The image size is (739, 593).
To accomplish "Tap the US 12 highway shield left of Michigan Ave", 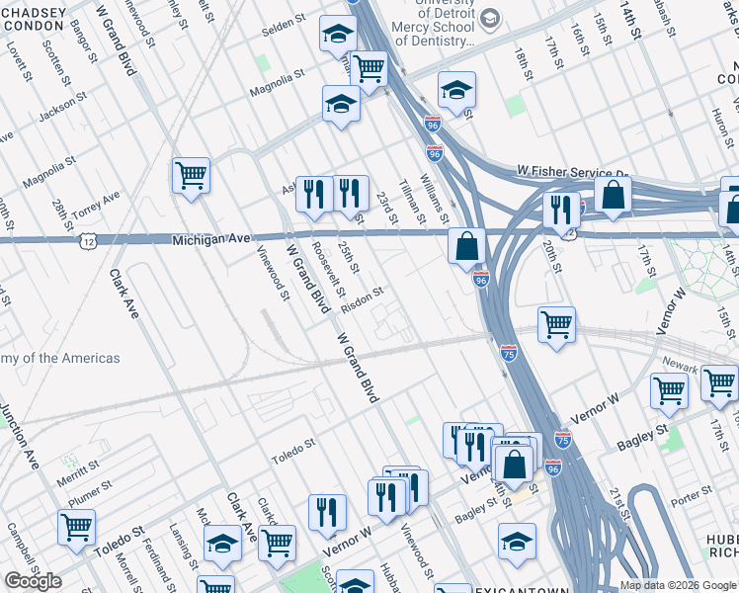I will coord(90,240).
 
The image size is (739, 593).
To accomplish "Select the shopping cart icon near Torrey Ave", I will coord(191,176).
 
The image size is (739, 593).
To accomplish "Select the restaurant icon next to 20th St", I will coord(558,210).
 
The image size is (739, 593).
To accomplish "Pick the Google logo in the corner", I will coord(33,580).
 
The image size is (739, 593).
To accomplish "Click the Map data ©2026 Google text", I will coord(678,585).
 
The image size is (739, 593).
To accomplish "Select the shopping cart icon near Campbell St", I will coord(76,526).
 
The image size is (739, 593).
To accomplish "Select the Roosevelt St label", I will coord(328,269).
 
